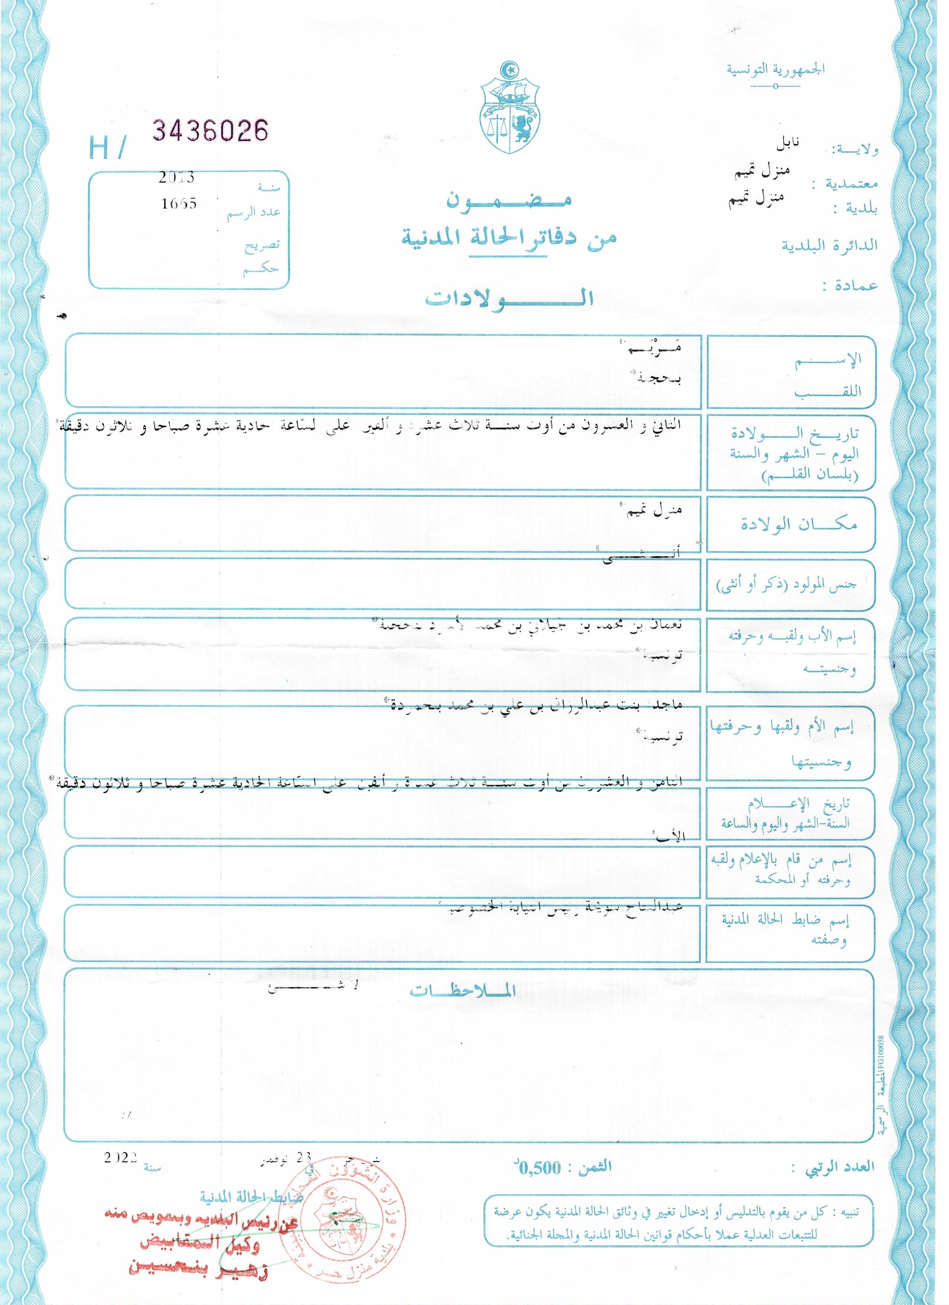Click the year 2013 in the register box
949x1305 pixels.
click(177, 178)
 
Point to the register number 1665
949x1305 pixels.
click(179, 203)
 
